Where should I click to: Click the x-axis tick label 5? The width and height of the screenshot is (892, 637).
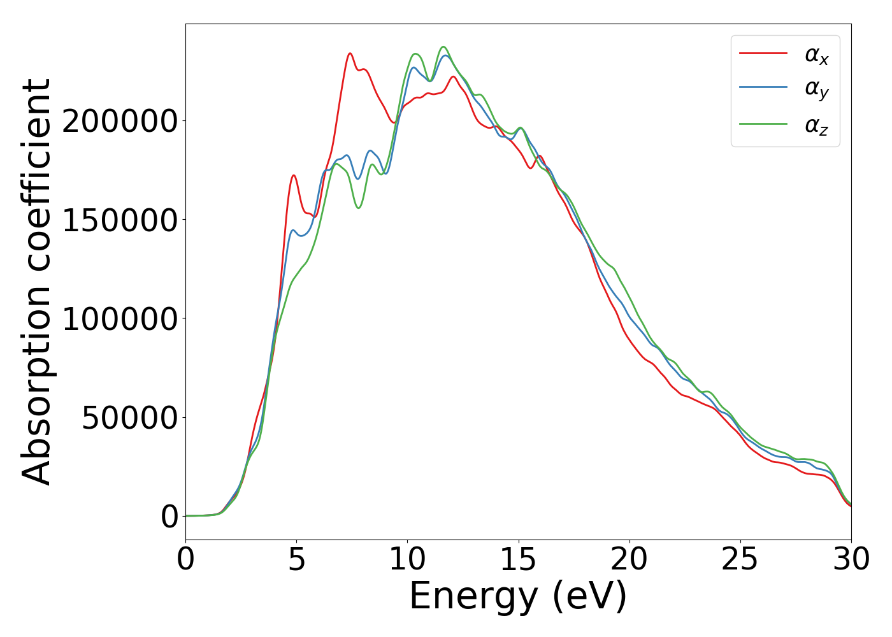tap(297, 559)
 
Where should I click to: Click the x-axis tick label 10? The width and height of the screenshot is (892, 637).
tap(408, 559)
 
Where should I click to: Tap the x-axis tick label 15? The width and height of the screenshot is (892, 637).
tap(519, 559)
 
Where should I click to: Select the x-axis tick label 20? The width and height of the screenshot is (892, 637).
tap(629, 559)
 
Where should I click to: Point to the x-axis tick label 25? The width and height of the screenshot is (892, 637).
tap(740, 559)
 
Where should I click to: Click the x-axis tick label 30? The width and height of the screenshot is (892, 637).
tap(851, 559)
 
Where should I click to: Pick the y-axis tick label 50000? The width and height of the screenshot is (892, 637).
tap(129, 418)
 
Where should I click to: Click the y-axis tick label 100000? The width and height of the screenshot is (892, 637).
tap(120, 319)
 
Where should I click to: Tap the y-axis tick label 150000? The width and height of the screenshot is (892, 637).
tap(120, 220)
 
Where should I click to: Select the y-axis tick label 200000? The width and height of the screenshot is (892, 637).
tap(120, 121)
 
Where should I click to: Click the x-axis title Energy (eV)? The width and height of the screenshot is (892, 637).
tap(518, 597)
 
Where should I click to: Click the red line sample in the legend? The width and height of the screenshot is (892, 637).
tap(763, 54)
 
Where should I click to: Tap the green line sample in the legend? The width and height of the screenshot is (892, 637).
tap(763, 124)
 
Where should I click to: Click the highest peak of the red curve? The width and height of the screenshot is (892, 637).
tap(350, 53)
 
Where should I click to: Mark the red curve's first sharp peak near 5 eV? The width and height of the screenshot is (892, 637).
tap(294, 175)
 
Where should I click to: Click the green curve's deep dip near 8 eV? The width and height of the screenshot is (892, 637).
tap(359, 208)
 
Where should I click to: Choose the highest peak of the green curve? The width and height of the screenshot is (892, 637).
tap(443, 47)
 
